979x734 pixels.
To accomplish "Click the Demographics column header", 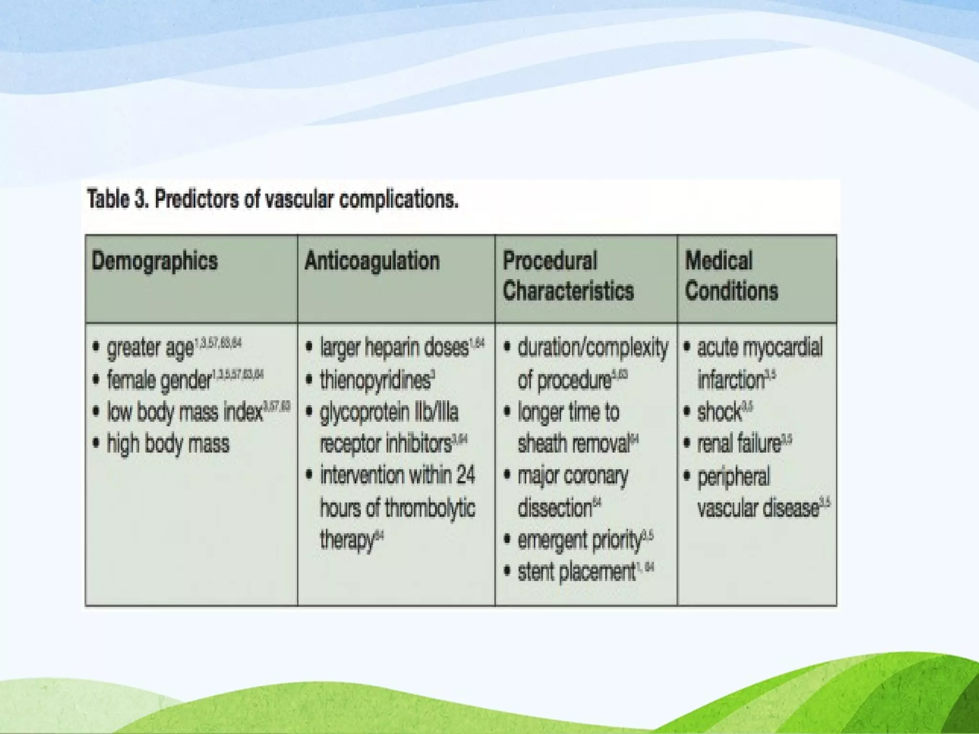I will point(154,261).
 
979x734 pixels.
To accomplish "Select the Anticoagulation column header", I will point(372,261).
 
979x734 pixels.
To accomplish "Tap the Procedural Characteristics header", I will point(568,276).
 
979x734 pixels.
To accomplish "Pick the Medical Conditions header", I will point(731,276).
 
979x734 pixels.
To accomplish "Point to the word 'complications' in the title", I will point(398,200).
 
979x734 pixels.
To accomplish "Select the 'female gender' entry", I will point(159,380).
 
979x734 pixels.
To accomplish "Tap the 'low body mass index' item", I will point(185,412).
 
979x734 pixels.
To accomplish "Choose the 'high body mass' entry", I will point(168,444).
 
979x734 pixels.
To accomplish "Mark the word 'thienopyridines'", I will point(375,380).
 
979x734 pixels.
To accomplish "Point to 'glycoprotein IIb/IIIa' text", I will point(389,412).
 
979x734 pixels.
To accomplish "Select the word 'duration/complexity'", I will point(593,347).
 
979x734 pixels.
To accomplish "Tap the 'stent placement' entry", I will point(576,572).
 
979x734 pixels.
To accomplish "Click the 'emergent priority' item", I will point(579,540).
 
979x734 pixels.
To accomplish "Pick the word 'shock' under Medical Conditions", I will point(719,412).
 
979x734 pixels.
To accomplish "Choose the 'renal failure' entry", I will point(739,444).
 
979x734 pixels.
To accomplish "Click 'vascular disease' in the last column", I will point(758,508).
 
